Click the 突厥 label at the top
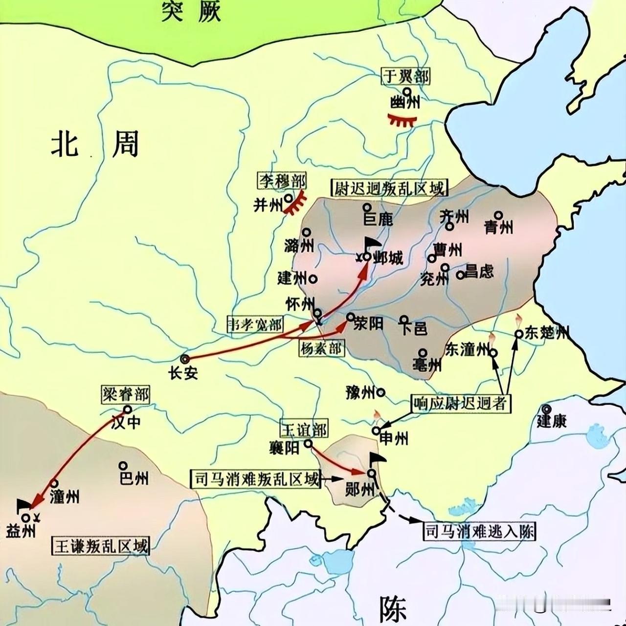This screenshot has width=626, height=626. pyautogui.click(x=191, y=11)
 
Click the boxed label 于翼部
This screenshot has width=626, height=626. pyautogui.click(x=405, y=76)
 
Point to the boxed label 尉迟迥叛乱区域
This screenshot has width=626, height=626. pyautogui.click(x=389, y=188)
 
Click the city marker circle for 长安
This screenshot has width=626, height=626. pyautogui.click(x=184, y=359)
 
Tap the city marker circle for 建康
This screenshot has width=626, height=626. pyautogui.click(x=546, y=410)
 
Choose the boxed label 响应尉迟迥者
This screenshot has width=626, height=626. pyautogui.click(x=460, y=404)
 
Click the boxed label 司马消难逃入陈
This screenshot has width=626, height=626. pyautogui.click(x=479, y=531)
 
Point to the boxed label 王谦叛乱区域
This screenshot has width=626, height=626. pyautogui.click(x=101, y=545)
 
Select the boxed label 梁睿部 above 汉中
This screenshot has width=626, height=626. pyautogui.click(x=125, y=394)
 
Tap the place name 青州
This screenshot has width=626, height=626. pyautogui.click(x=498, y=227)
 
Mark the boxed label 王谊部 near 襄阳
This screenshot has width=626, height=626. pyautogui.click(x=304, y=429)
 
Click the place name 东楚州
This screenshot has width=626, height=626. pyautogui.click(x=546, y=333)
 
